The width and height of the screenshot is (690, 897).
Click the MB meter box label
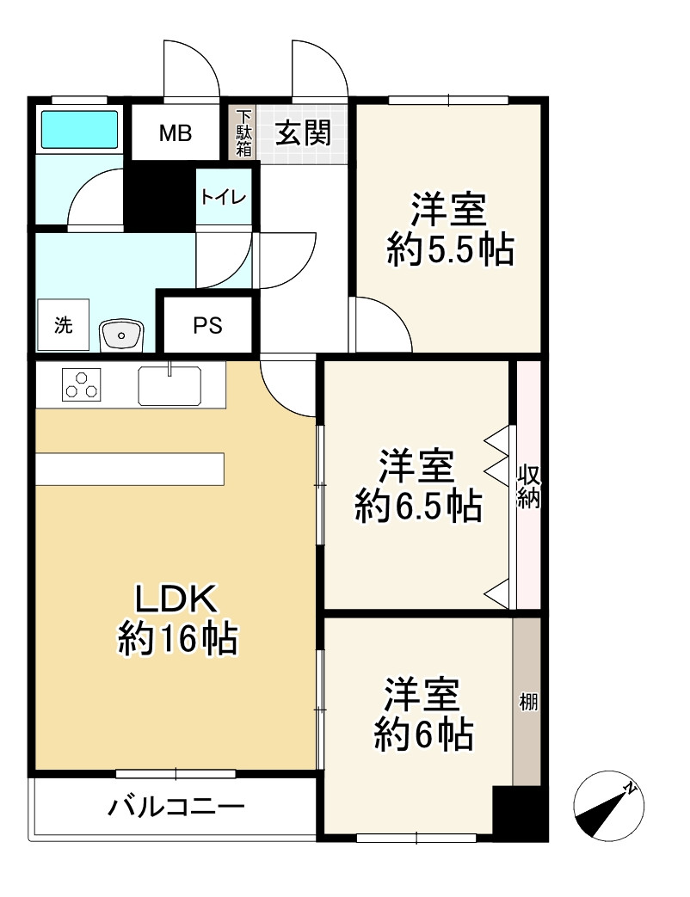[175, 133]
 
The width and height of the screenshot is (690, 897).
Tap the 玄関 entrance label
[303, 133]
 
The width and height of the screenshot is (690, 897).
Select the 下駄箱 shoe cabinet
[244, 132]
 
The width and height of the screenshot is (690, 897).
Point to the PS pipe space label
[206, 326]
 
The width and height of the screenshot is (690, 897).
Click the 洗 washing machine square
[64, 326]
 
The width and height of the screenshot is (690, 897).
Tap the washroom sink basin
[122, 334]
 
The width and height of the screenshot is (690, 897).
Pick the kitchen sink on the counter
[169, 384]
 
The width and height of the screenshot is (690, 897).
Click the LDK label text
[176, 599]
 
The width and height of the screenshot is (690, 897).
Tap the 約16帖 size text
[177, 639]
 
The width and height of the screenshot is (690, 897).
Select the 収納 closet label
[527, 487]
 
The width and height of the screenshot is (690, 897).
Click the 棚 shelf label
[527, 702]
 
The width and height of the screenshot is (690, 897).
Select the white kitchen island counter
[130, 470]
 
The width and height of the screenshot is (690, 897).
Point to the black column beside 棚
[519, 813]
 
